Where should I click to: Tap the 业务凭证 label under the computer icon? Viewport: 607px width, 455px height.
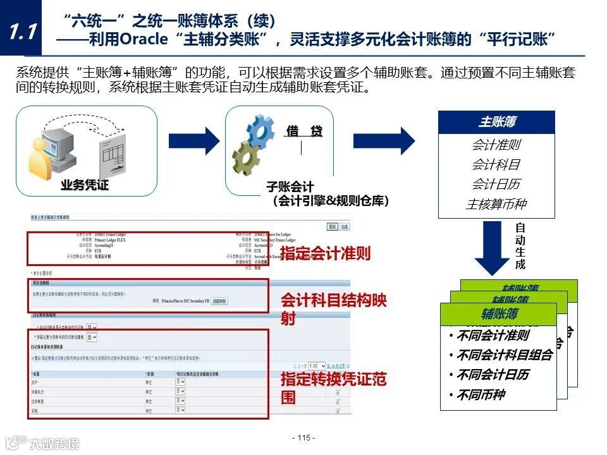coord(85,185)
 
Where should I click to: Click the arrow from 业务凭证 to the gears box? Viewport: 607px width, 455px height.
coord(193,140)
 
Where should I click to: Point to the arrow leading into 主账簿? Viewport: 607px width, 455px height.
coord(384,140)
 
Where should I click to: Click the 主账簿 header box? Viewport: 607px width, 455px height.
coord(496,123)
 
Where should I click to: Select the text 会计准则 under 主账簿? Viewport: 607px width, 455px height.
coord(496,145)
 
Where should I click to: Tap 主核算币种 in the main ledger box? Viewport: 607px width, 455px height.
coord(496,204)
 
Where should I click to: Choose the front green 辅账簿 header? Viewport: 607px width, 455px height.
coord(498,314)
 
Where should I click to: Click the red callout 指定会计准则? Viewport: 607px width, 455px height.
coord(325,254)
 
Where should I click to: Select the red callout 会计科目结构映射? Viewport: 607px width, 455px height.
coord(333,309)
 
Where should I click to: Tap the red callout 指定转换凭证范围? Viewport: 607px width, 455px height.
coord(333,389)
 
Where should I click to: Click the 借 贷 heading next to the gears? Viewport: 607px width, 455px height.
coord(304,131)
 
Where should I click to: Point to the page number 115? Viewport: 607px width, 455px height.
coord(303,438)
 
